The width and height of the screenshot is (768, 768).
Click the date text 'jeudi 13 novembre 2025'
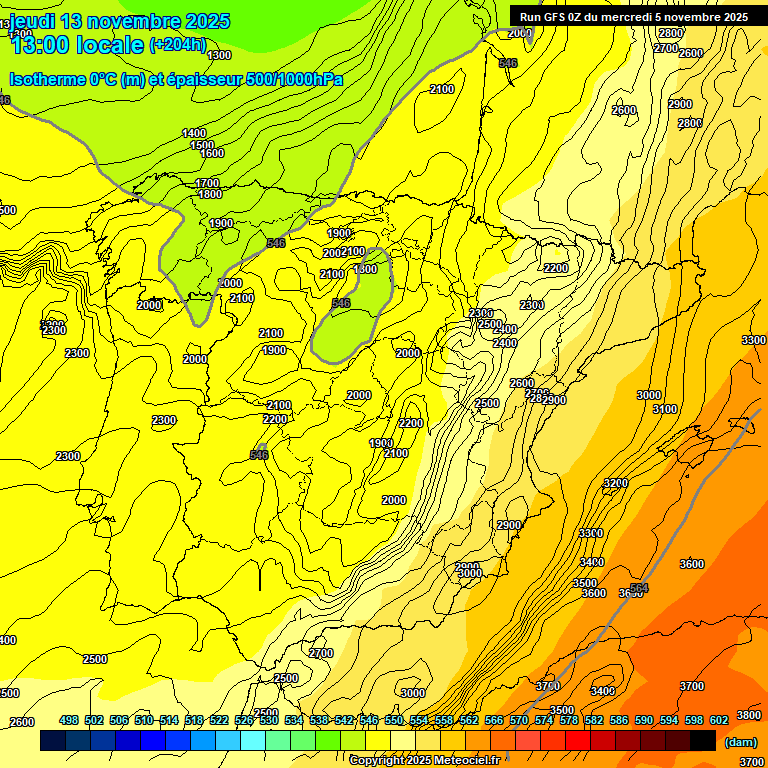pos(120,21)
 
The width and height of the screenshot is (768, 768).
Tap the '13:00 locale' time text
pos(76,45)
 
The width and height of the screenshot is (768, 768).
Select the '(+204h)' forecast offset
pos(177,45)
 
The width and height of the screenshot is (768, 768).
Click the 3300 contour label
pos(753,341)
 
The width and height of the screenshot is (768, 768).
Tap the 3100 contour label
pos(664,409)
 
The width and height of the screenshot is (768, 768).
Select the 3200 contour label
pos(615,483)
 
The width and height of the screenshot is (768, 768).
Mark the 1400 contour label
pos(194,133)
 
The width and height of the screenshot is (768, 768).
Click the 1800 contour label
pos(210,194)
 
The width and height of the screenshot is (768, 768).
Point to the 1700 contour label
pos(207,183)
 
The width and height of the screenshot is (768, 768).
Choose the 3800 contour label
pos(748,715)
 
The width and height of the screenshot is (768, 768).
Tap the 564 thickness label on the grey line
pos(639,588)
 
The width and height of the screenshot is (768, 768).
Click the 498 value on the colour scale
pos(69,720)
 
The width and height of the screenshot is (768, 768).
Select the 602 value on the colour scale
pos(719,720)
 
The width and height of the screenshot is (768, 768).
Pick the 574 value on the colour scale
pos(543,720)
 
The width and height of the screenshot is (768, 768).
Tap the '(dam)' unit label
pos(739,741)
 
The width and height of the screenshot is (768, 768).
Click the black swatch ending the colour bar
pos(703,741)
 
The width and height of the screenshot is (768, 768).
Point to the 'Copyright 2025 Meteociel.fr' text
pos(424,761)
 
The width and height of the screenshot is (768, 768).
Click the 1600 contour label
pos(212,153)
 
